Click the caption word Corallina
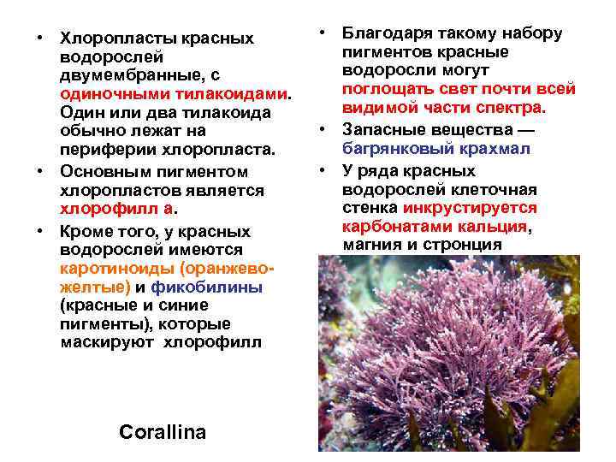(163, 432)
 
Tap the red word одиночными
(109, 94)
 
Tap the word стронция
(464, 245)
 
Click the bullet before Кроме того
(39, 231)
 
